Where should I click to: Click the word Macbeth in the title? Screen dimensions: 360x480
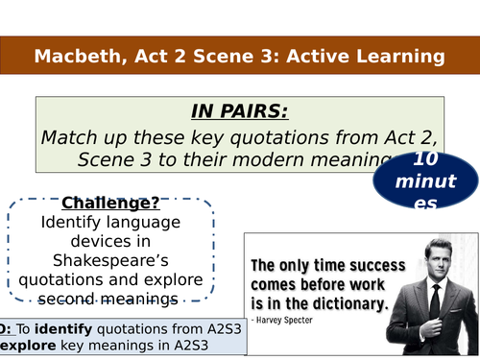click(73, 57)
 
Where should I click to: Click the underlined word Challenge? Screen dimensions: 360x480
click(109, 204)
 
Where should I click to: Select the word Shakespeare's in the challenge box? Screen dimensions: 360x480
click(109, 261)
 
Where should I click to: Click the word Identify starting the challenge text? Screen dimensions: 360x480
click(72, 223)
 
